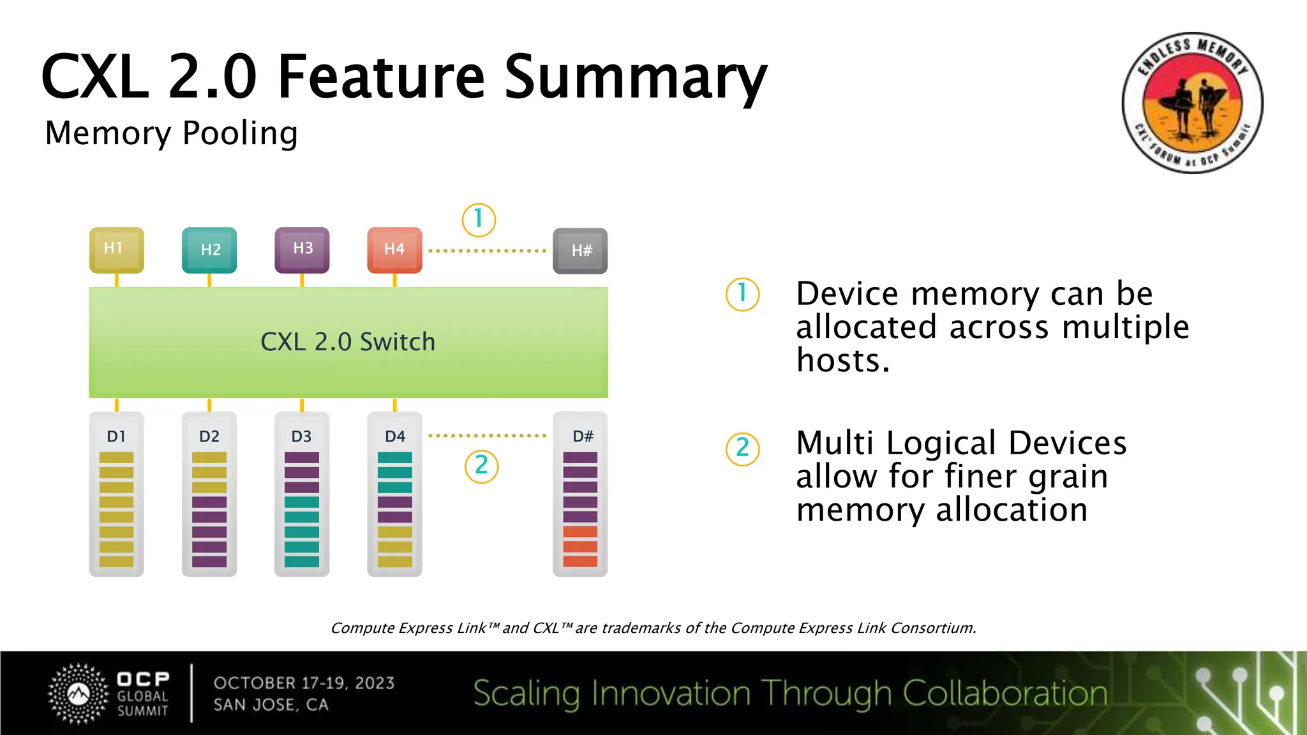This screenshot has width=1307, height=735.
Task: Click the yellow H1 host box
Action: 116,249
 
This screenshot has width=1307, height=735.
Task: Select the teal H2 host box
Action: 209,250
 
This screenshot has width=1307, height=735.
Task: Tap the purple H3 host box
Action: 302,249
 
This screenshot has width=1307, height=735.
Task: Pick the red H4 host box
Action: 394,249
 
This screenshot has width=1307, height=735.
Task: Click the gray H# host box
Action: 580,251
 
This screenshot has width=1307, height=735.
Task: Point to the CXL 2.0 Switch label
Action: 348,342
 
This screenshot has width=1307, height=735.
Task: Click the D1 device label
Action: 116,436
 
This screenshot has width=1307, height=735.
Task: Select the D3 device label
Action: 301,436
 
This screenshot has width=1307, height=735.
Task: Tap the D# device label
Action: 583,436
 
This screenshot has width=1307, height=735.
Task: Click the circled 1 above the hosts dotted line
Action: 479,219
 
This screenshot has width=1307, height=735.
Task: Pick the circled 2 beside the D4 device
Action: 481,466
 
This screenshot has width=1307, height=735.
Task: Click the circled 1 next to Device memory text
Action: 742,294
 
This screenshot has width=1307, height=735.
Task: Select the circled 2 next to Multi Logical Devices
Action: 742,449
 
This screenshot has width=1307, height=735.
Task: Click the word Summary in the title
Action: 636,78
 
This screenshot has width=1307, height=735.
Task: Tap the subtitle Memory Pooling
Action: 171,133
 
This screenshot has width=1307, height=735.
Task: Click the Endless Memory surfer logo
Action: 1192,103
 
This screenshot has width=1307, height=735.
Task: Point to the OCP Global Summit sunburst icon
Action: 78,694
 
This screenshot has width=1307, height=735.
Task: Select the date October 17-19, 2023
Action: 304,683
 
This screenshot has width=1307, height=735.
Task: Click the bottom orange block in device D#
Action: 580,561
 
